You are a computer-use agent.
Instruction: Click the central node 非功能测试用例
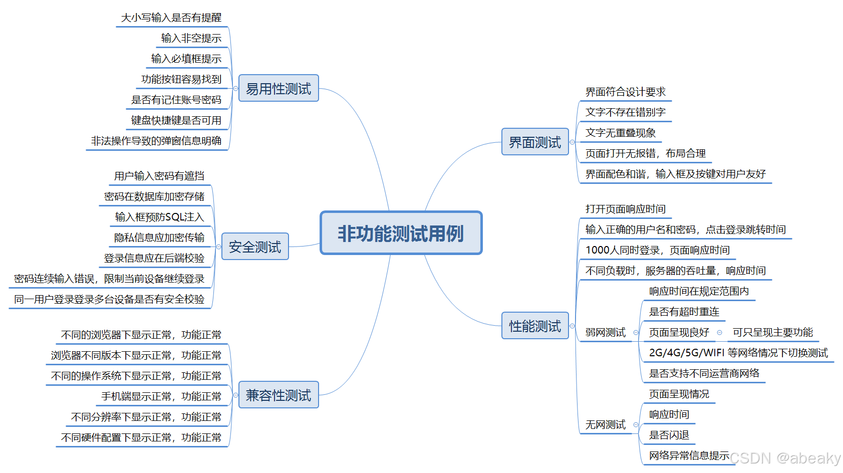click(x=401, y=233)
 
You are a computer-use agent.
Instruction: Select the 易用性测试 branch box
click(x=278, y=88)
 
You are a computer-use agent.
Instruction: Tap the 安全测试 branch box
click(x=255, y=247)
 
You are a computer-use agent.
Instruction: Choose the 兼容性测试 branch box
click(x=278, y=395)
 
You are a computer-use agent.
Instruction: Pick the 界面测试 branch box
click(x=535, y=142)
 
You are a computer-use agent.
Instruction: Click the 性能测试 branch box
click(x=535, y=326)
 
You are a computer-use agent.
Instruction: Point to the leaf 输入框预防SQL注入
click(x=159, y=217)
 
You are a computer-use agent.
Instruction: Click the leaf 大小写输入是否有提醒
click(x=171, y=18)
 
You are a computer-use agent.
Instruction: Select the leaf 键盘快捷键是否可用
click(x=176, y=120)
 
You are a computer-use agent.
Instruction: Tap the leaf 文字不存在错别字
click(x=625, y=112)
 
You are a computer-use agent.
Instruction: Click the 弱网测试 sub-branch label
click(x=606, y=332)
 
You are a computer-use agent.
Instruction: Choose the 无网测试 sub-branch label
click(x=606, y=425)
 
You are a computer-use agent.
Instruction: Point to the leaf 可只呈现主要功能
click(x=772, y=332)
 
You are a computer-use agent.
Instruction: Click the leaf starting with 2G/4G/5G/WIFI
click(x=738, y=353)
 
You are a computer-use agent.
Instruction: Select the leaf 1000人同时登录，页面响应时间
click(x=657, y=250)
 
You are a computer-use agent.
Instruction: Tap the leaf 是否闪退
click(x=669, y=435)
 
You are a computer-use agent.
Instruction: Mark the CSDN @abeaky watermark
click(x=785, y=458)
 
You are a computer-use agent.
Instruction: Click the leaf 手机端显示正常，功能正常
click(x=161, y=396)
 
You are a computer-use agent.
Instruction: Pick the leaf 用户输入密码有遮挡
click(x=159, y=176)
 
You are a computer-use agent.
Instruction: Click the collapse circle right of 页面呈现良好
click(x=720, y=332)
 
